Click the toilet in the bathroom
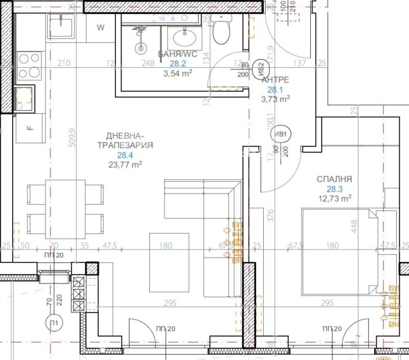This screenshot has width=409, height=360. (222, 31)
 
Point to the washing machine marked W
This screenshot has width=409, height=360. (100, 28)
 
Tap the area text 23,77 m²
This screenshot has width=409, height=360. (125, 164)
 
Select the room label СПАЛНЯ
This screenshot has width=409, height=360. (334, 179)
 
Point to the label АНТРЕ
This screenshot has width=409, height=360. (275, 80)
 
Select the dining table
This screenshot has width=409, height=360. (64, 209)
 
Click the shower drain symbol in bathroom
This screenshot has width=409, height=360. (141, 48)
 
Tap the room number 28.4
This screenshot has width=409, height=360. (125, 155)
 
